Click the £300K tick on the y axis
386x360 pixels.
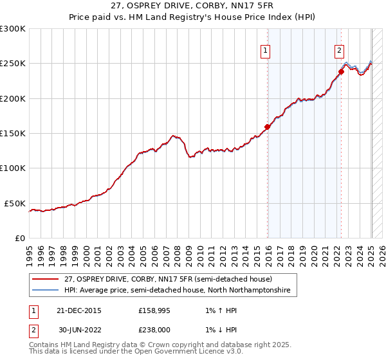[13, 29]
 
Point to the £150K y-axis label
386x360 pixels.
[13, 134]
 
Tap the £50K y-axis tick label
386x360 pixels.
[15, 203]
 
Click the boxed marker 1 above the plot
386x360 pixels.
[265, 51]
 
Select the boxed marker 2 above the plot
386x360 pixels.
[339, 51]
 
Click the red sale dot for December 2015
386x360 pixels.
[268, 127]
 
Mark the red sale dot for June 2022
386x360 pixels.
[341, 71]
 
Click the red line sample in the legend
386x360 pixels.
[46, 279]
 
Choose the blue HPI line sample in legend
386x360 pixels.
[46, 291]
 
